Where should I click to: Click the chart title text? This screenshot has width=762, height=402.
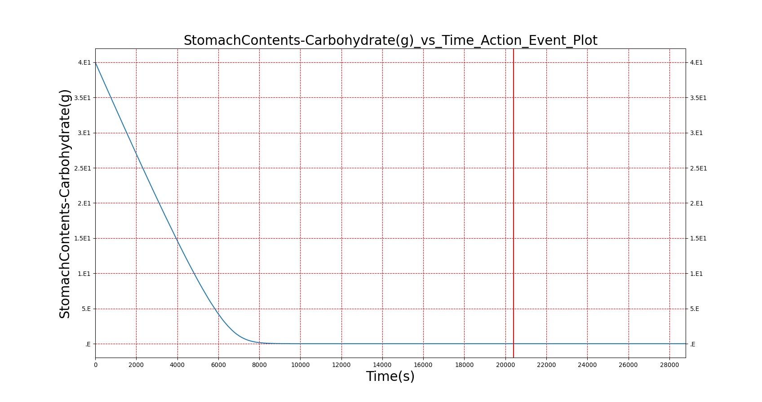[390, 40]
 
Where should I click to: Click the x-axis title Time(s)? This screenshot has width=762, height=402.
[390, 376]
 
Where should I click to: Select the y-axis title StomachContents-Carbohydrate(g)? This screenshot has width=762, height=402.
[65, 204]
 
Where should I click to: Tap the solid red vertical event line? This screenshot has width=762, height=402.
[514, 203]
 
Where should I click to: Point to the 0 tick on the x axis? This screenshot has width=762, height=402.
[96, 365]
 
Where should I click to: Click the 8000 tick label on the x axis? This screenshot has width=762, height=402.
[259, 365]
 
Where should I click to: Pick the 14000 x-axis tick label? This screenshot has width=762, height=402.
[382, 365]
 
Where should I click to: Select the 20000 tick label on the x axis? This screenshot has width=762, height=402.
[505, 365]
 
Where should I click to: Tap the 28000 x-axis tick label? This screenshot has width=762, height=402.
[669, 365]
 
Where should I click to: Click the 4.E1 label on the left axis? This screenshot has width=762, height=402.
[84, 62]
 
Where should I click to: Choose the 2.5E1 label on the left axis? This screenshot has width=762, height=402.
[83, 168]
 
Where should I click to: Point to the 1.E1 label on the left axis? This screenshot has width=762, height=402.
[84, 274]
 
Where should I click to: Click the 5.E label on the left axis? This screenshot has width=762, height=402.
[86, 309]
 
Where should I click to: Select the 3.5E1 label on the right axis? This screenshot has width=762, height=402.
[698, 98]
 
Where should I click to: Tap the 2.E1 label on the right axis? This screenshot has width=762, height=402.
[696, 203]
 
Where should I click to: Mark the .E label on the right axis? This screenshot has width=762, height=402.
[693, 344]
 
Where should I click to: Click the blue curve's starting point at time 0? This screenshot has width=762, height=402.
[96, 63]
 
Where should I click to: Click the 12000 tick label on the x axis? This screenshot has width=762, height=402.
[341, 365]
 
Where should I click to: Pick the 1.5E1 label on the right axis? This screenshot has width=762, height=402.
[698, 239]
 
